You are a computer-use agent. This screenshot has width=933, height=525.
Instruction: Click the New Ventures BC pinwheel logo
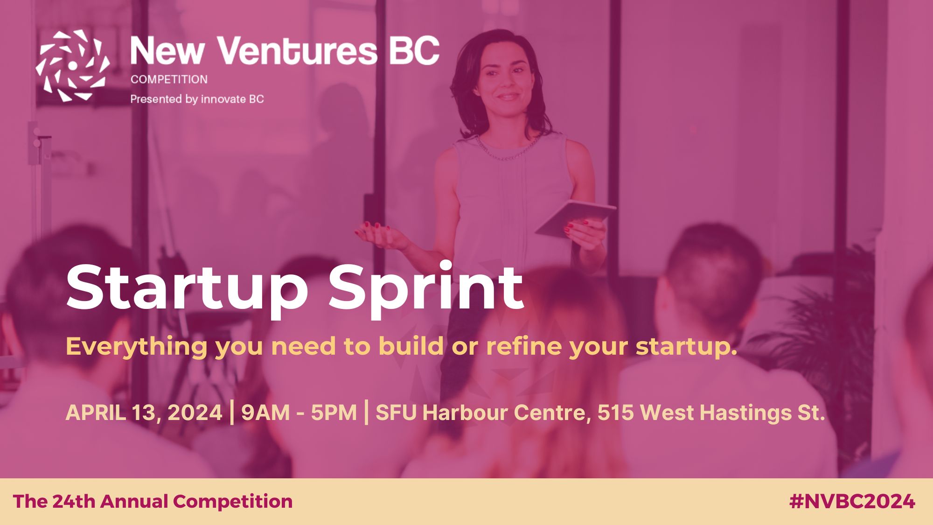coord(73,65)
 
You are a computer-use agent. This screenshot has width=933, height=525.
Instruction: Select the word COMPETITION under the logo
coord(169,79)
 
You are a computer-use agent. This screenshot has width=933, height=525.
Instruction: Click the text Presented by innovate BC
coord(197,99)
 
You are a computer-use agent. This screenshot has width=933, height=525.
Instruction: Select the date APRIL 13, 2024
coord(144,413)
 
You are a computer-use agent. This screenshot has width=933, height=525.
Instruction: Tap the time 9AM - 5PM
coord(299,413)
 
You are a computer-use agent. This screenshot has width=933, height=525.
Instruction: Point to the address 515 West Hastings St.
coord(711,413)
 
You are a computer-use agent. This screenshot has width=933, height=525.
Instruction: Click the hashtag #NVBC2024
coord(852,502)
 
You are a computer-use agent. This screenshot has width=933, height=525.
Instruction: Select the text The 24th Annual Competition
coord(153,502)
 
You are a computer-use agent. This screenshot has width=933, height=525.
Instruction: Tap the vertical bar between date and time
coord(232,412)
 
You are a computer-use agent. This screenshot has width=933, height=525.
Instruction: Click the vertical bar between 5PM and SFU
coord(366,412)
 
